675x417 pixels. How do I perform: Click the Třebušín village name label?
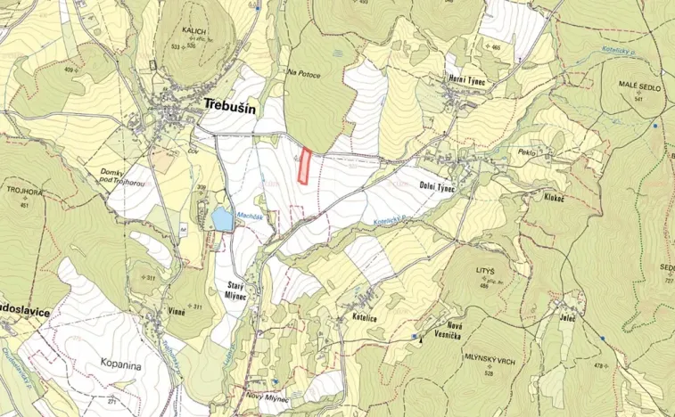(229, 105)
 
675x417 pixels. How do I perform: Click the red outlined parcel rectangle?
(305, 167)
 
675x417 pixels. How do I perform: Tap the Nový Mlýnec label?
(268, 398)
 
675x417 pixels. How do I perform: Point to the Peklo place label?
(525, 153)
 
